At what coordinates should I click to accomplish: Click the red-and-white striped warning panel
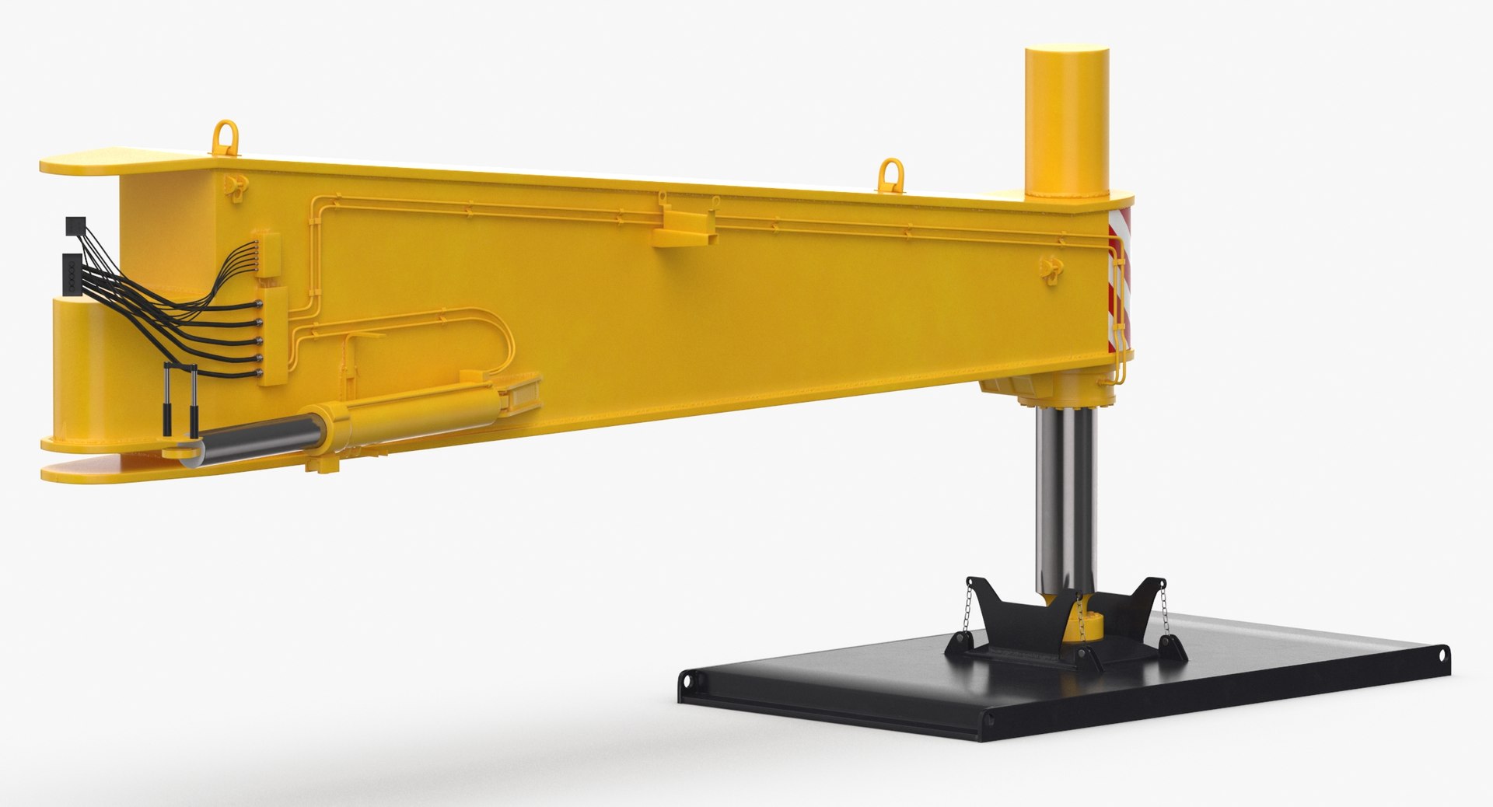1120,288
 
